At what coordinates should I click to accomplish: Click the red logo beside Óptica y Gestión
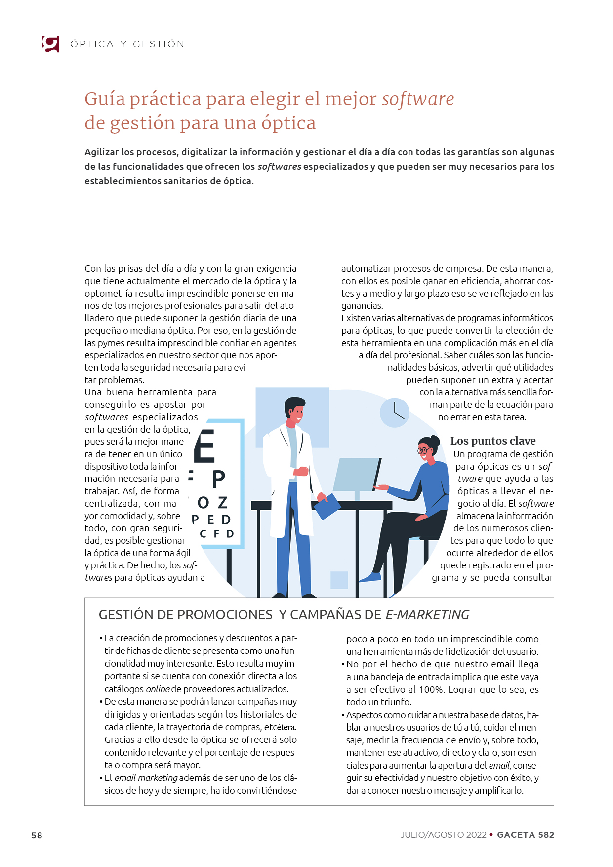50,44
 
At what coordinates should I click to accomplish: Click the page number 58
37,835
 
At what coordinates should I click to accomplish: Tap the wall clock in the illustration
395,412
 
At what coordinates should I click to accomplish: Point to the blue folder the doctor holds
327,506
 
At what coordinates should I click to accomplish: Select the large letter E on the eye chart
205,446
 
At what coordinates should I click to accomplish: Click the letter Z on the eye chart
223,503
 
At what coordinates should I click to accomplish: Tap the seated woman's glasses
424,450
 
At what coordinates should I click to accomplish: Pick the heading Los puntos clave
492,441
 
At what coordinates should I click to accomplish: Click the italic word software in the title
418,99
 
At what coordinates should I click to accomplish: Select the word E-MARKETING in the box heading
427,614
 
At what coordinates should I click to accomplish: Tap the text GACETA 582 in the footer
526,835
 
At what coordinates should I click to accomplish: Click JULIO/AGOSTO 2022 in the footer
443,835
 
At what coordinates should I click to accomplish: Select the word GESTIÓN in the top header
159,44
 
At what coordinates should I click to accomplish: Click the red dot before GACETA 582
491,835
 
